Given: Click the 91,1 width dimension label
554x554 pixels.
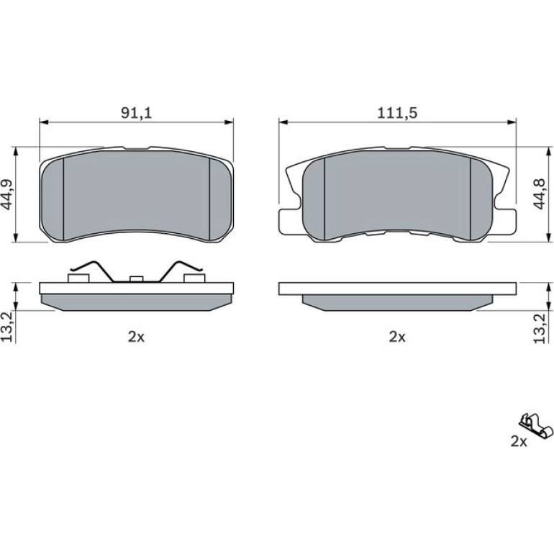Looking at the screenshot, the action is pyautogui.click(x=137, y=113).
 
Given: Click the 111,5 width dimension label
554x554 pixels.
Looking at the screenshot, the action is pyautogui.click(x=397, y=113).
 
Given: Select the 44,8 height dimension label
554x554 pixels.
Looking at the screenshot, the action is pyautogui.click(x=540, y=194).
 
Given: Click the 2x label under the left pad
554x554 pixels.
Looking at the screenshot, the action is pyautogui.click(x=137, y=337).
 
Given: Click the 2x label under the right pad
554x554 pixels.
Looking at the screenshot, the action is pyautogui.click(x=397, y=337).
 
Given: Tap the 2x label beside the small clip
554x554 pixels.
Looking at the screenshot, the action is pyautogui.click(x=519, y=441).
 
